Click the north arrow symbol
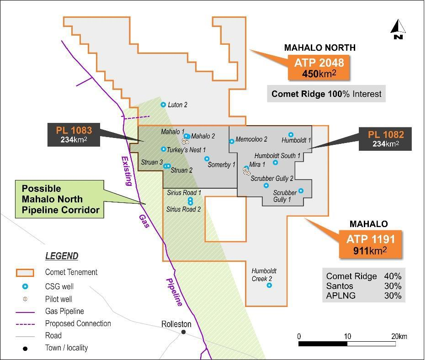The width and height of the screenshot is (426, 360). tap(398, 29)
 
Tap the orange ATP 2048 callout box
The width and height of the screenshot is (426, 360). tap(319, 67)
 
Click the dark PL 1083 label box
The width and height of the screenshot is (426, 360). tap(74, 135)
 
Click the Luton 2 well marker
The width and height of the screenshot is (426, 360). tap(163, 105)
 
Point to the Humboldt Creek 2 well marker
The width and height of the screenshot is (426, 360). tap(269, 286)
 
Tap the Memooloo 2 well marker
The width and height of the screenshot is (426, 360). tap(232, 141)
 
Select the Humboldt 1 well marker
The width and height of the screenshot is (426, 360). tap(291, 135)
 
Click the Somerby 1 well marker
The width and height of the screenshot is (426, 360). tap(207, 159)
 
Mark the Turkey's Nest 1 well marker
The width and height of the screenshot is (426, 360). tap(164, 149)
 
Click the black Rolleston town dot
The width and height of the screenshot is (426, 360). tap(184, 332)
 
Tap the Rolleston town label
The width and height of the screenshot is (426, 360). tap(176, 324)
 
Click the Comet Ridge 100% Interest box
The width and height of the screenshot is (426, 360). tap(326, 94)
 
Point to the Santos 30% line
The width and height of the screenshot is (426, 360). tap(363, 286)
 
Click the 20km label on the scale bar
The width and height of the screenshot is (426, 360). tap(399, 337)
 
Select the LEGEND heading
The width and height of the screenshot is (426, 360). tap(61, 256)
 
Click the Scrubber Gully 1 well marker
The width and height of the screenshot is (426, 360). tap(301, 191)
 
